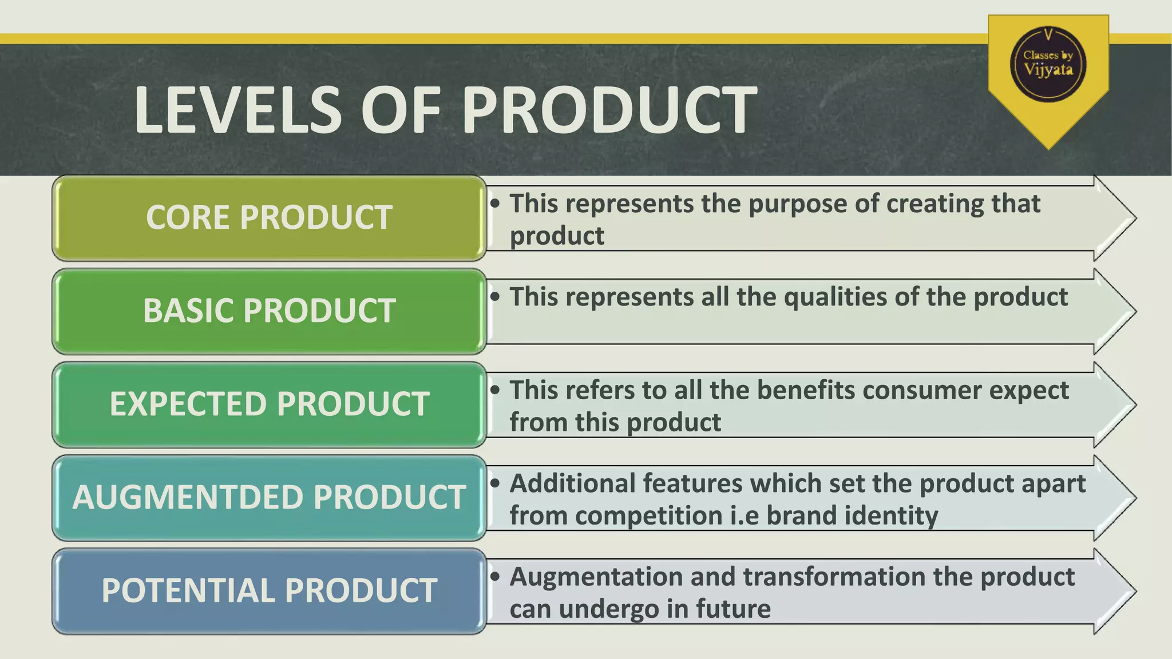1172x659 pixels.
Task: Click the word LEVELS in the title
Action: coord(238,109)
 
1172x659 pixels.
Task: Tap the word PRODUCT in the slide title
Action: coord(609,109)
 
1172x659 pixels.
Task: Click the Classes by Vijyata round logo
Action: coord(1048,64)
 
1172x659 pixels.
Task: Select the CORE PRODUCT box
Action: coord(269,218)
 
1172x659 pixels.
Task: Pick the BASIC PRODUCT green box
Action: coord(269,311)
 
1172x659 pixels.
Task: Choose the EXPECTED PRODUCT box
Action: coord(269,404)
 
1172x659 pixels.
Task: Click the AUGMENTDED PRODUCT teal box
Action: coord(269,498)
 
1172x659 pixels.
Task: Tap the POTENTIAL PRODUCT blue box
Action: coord(269,591)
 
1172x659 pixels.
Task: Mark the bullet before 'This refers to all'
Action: coord(496,390)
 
